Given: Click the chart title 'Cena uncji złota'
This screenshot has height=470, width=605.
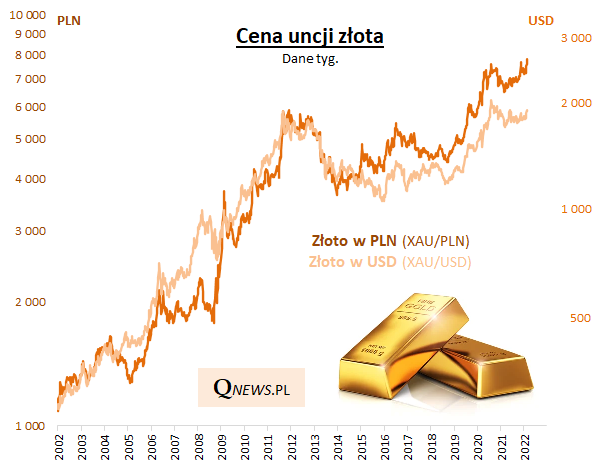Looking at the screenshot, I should (x=310, y=37).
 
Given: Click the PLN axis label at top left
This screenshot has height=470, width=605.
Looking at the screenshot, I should (x=70, y=19).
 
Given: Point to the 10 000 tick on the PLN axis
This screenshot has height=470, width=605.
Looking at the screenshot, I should (x=27, y=17).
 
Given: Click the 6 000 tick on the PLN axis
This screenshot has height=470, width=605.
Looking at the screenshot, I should (x=30, y=107).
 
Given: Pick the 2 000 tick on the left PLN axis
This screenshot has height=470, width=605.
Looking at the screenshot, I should (x=30, y=302).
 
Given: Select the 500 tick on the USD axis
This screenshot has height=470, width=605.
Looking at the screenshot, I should (x=581, y=318).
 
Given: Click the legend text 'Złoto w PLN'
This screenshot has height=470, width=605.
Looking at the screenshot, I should (x=354, y=241).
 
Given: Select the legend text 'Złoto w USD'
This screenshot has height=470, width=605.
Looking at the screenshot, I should (x=353, y=262).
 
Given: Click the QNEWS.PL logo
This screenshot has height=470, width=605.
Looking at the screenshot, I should (x=250, y=386).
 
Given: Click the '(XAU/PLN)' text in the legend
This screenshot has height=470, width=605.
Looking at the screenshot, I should (x=436, y=241).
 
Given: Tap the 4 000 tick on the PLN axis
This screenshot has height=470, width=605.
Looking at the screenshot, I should (x=30, y=180).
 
